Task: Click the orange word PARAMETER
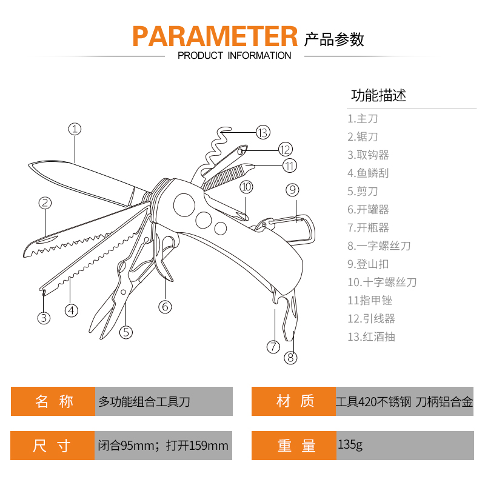215,36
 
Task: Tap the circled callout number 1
74,129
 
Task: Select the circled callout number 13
262,132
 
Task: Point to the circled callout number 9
292,190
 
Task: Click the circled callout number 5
126,332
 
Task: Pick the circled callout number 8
291,357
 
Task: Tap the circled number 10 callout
246,187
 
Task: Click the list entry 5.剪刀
363,192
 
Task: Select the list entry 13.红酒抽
371,337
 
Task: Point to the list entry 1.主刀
363,119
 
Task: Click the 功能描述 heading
378,95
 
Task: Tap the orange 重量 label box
294,446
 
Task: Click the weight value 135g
351,446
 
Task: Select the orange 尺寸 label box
53,446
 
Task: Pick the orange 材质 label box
294,401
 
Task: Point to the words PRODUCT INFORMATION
234,56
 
